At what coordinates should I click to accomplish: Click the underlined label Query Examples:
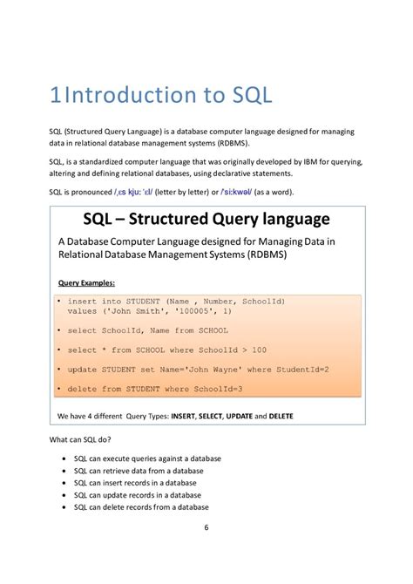[86, 283]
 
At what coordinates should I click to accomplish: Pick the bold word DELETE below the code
[281, 417]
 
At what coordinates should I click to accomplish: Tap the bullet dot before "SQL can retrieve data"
[66, 471]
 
